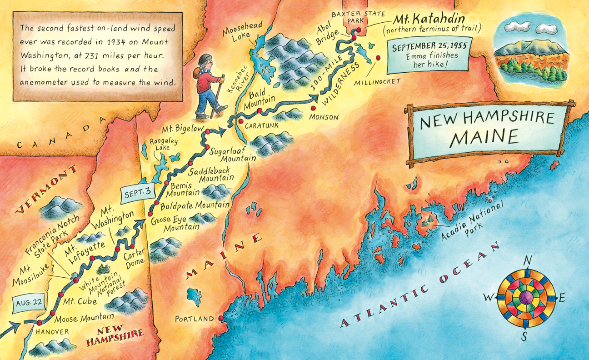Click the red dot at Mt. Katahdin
click(x=359, y=30)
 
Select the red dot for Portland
click(x=221, y=318)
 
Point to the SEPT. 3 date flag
click(x=136, y=193)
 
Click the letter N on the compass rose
click(x=528, y=260)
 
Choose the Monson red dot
click(x=313, y=109)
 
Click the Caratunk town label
click(x=259, y=124)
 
